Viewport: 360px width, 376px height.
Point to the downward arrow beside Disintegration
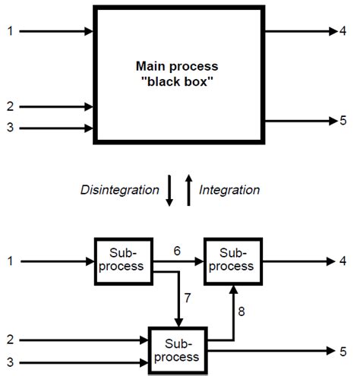coord(169,191)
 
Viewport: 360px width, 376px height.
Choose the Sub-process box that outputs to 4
coord(232,261)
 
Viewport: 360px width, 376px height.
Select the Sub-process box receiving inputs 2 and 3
coord(177,350)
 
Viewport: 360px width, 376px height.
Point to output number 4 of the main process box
coord(343,31)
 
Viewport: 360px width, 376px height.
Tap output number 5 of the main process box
coord(343,121)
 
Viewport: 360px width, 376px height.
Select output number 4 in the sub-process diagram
coord(343,261)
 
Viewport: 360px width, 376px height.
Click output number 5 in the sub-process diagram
coord(343,350)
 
